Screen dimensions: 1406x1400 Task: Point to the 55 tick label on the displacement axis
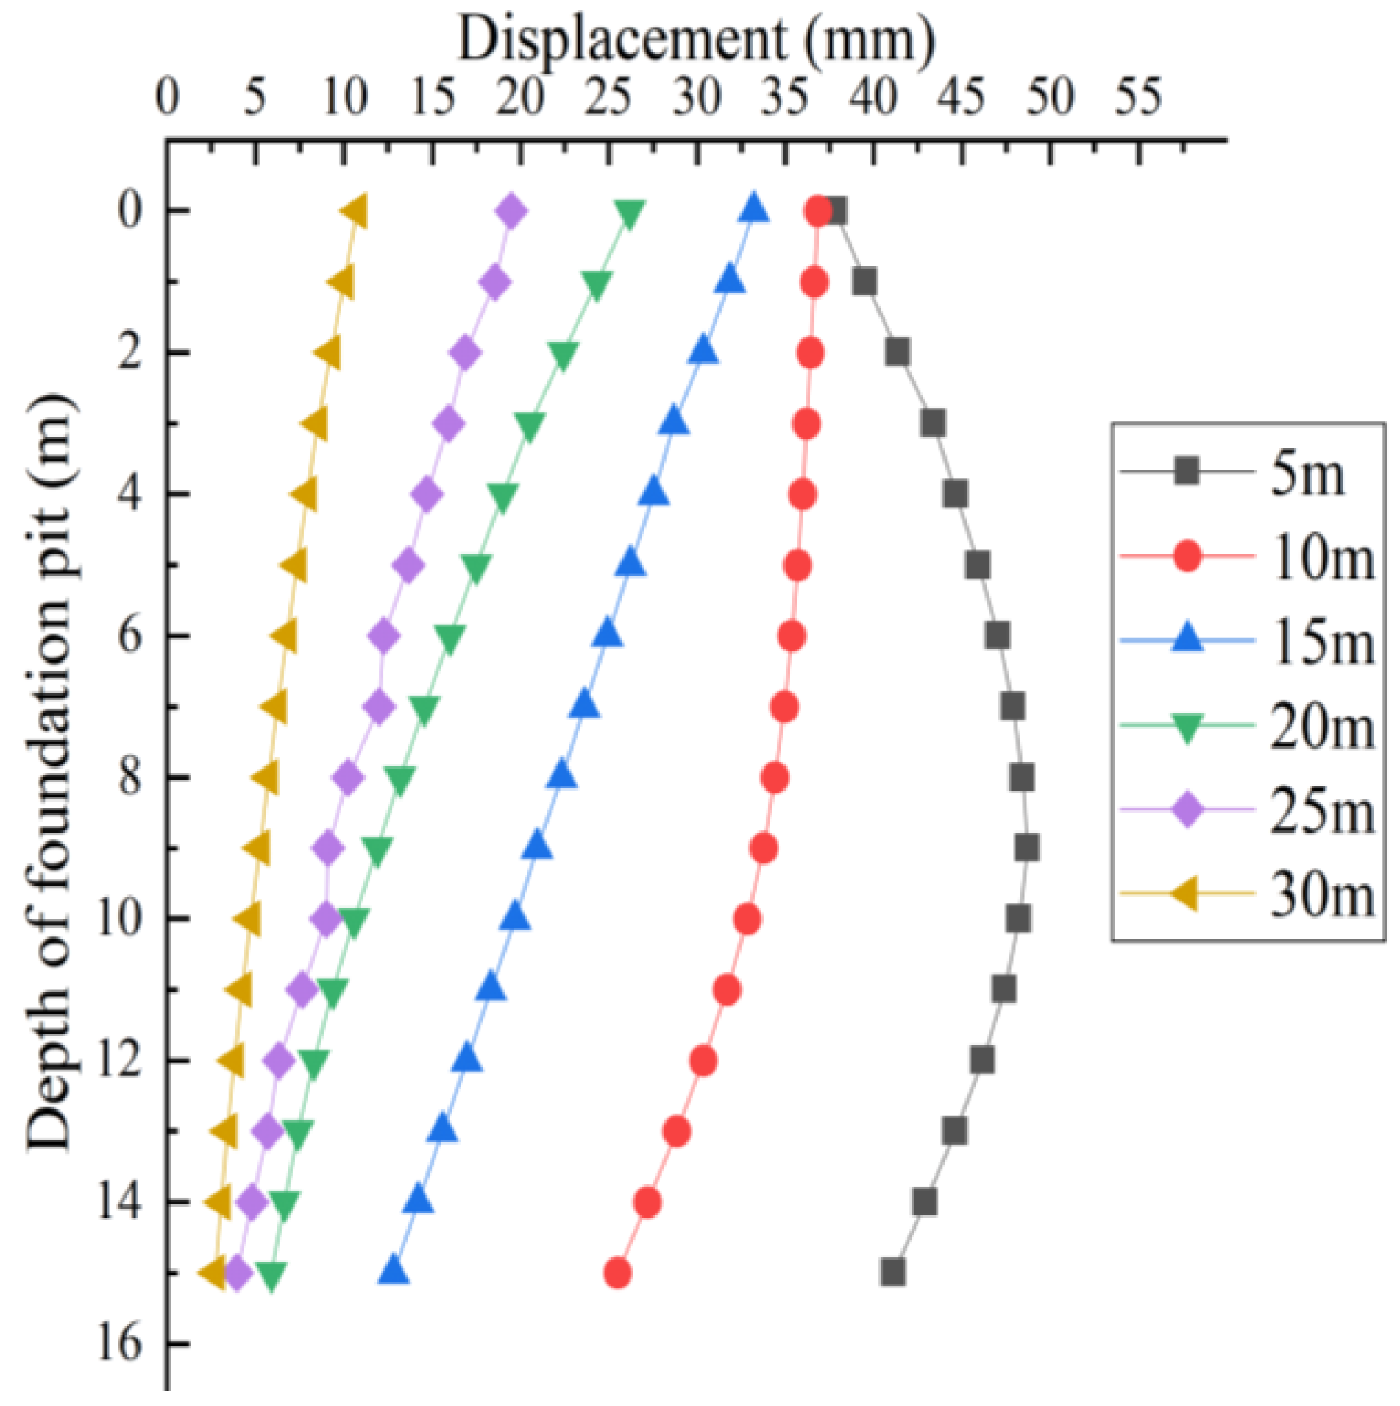coord(1138,98)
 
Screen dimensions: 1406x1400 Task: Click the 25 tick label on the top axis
coord(608,98)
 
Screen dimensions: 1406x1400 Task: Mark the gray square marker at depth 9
coord(1027,848)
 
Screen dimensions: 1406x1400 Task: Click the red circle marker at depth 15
coord(617,1273)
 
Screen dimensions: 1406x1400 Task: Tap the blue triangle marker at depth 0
coord(753,209)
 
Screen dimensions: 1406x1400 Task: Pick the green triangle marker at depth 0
coord(630,213)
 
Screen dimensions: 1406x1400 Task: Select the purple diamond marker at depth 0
coord(512,212)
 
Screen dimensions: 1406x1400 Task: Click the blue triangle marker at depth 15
coord(394,1271)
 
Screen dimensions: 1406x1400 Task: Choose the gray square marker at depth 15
coord(892,1273)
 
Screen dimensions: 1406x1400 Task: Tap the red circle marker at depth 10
coord(747,919)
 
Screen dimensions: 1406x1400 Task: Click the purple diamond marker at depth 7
coord(379,707)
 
